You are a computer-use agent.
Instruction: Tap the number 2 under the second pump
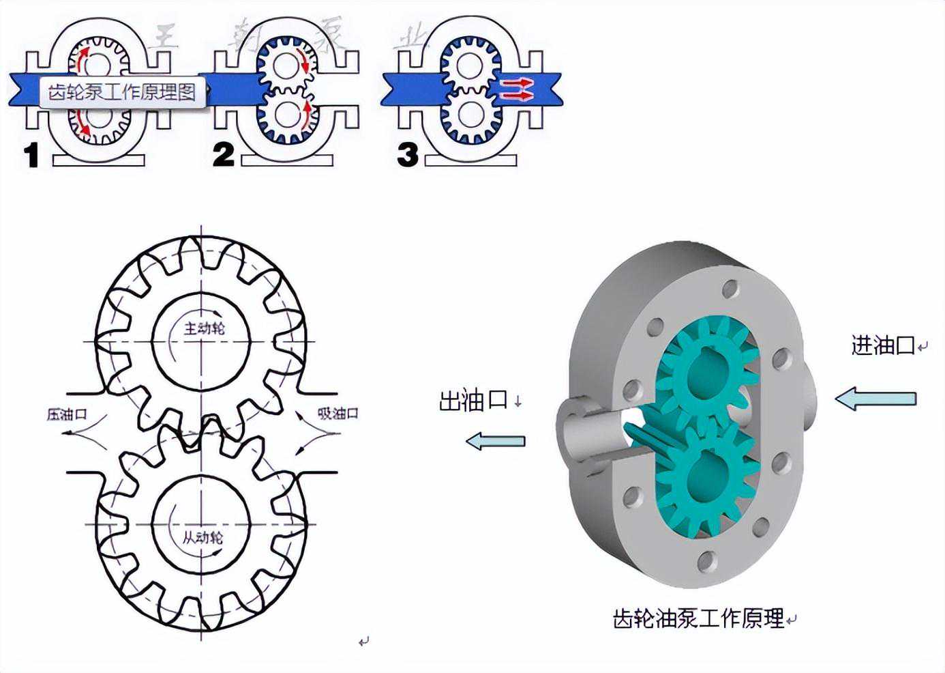pos(223,155)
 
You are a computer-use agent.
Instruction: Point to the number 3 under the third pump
pos(408,155)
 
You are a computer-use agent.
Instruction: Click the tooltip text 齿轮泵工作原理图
pos(122,91)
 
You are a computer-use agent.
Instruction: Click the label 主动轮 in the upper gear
pos(204,328)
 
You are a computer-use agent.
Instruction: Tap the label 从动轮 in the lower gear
pos(202,537)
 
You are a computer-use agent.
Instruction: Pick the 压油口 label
pos(67,414)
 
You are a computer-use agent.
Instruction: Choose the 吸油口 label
pos(337,413)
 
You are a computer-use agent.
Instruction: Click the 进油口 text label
pos(883,345)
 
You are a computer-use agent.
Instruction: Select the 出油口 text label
pos(473,401)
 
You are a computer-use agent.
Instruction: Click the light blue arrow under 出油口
pos(496,442)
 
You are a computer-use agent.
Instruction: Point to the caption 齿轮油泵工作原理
pos(699,619)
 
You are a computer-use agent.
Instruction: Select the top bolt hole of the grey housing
pos(730,289)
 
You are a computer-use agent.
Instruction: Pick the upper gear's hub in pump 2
pos(282,65)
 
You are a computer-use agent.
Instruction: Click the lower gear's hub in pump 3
pos(469,113)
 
